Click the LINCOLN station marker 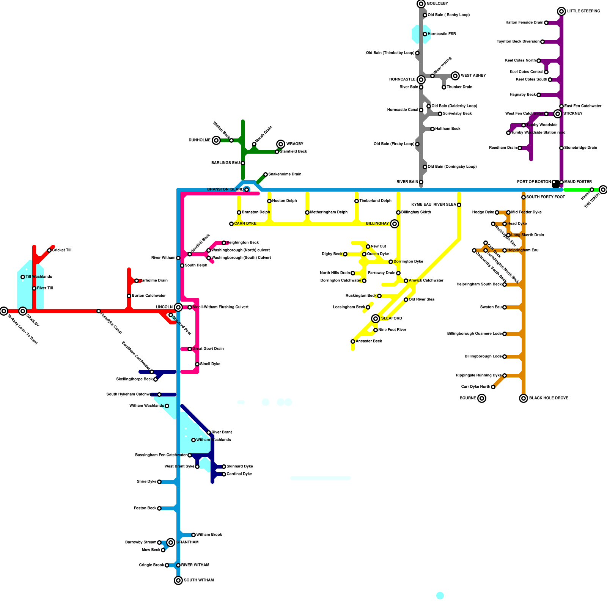178,307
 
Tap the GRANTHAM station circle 171,543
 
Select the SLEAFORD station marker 376,319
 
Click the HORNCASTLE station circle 421,80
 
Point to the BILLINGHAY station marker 395,224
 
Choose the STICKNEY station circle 558,114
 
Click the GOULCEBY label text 437,4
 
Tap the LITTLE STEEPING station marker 561,11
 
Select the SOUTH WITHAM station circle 178,580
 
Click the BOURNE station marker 482,398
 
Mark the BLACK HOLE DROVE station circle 524,398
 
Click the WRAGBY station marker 281,144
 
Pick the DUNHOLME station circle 216,140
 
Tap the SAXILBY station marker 23,311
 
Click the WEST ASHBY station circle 455,76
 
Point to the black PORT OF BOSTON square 556,184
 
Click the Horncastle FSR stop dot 425,34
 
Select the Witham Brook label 209,535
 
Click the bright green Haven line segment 577,190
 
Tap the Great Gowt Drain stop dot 190,349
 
